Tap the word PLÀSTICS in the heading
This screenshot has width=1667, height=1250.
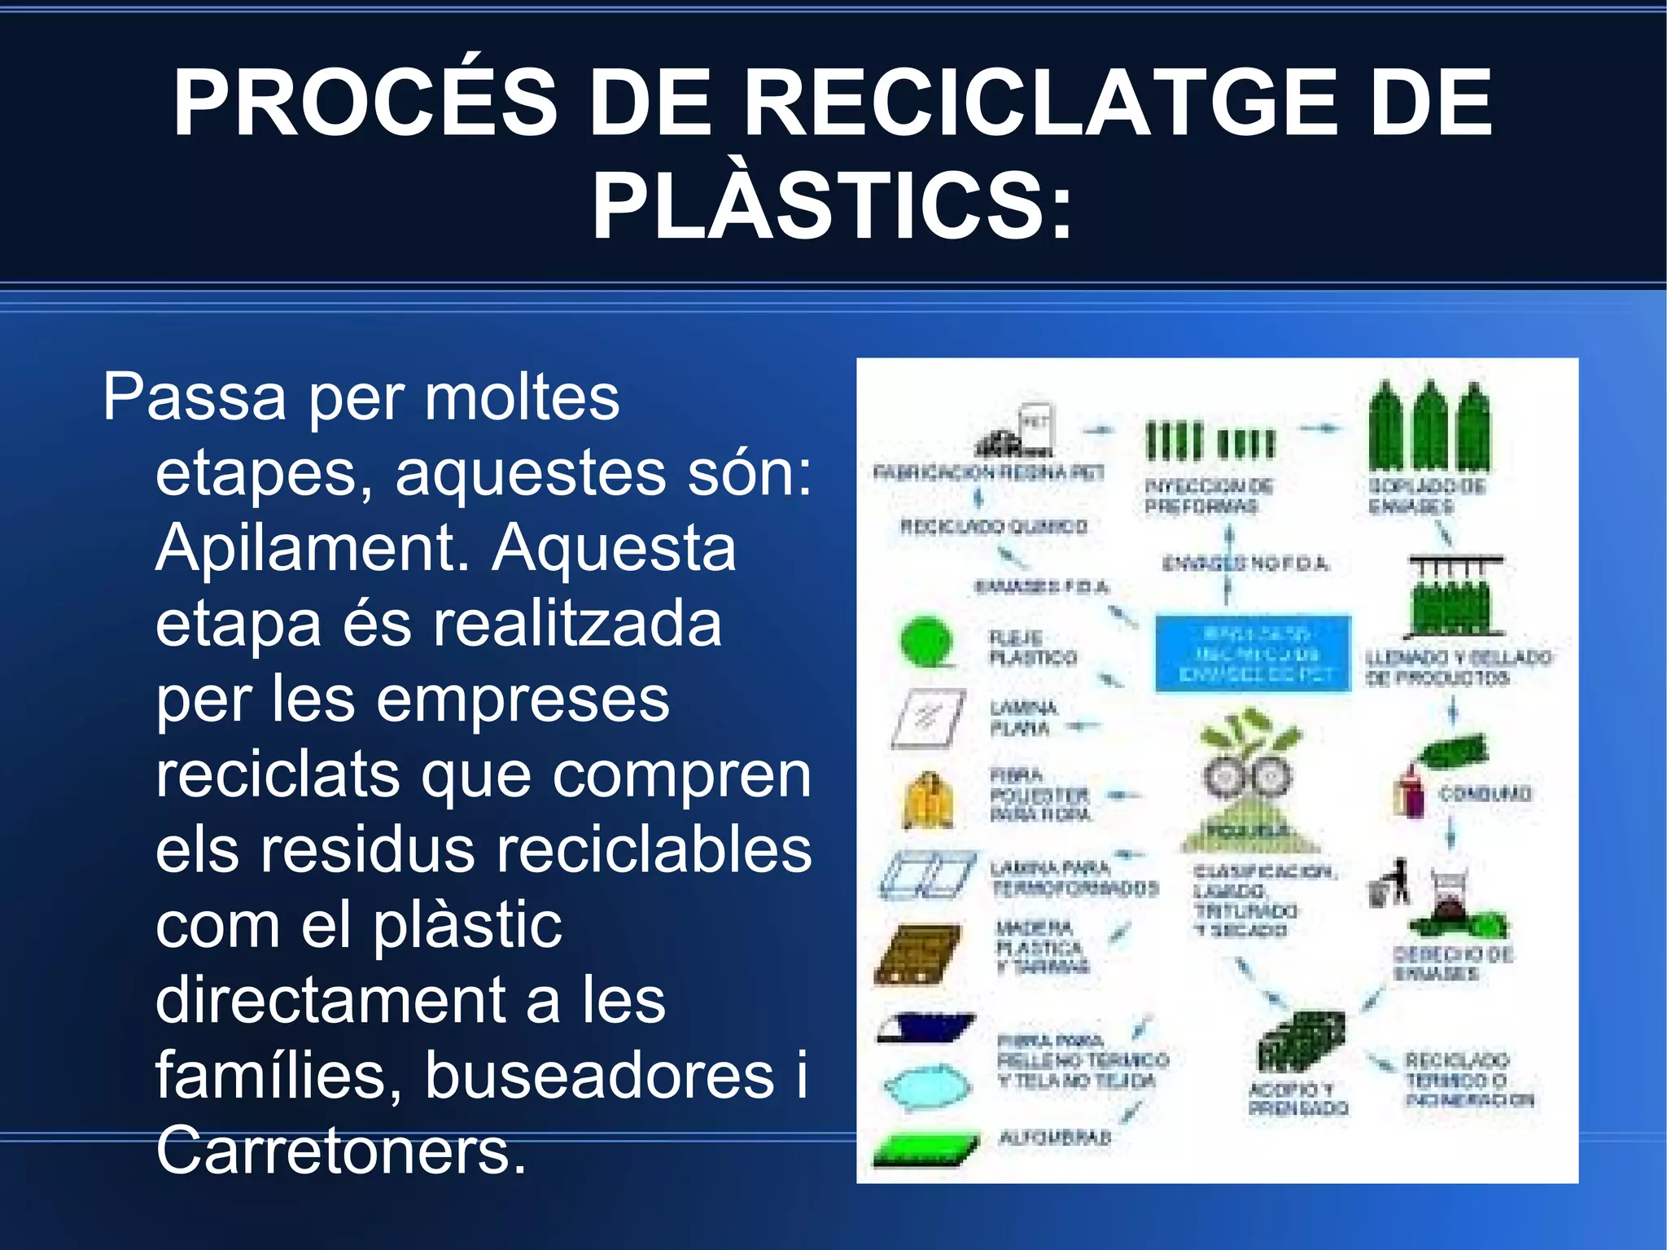tap(832, 207)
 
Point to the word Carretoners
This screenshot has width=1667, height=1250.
tap(341, 1151)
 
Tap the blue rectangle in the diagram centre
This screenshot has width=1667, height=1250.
tap(1254, 654)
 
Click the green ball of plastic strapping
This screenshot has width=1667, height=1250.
tap(927, 642)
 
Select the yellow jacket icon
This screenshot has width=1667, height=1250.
tap(928, 800)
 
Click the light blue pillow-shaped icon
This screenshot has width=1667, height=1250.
tap(928, 1086)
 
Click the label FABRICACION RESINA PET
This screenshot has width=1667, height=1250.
tap(988, 472)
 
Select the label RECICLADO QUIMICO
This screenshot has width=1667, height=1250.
tap(993, 527)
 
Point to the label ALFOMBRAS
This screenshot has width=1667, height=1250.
tap(1055, 1138)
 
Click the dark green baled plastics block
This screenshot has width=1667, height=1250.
tap(1300, 1042)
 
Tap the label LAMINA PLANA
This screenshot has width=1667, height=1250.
tap(1022, 718)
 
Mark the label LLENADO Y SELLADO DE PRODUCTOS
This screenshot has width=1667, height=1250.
tap(1458, 668)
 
